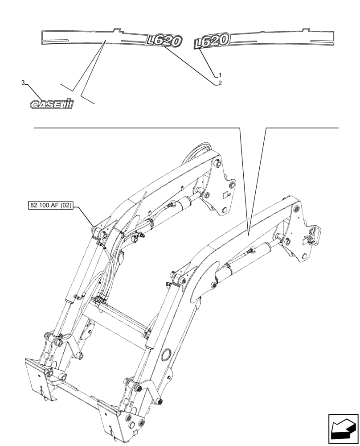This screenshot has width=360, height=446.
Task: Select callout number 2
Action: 220,83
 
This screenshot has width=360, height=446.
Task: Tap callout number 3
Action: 23,83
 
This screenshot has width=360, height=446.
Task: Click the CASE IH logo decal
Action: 51,104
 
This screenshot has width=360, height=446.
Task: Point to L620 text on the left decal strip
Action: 164,41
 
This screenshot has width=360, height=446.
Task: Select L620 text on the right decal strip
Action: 212,42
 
